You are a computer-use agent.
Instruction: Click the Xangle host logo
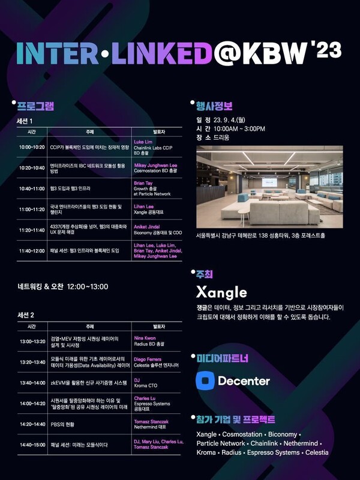click(x=221, y=292)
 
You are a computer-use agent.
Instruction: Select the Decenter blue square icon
click(x=205, y=380)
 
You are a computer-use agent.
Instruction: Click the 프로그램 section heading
click(x=35, y=106)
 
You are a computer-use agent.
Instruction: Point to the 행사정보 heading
click(x=215, y=106)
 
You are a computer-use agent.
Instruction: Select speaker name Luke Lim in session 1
click(x=145, y=142)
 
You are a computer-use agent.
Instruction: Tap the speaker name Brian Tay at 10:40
click(x=144, y=182)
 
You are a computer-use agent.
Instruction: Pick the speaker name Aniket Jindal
click(x=149, y=227)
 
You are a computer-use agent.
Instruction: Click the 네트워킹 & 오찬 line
click(x=63, y=286)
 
